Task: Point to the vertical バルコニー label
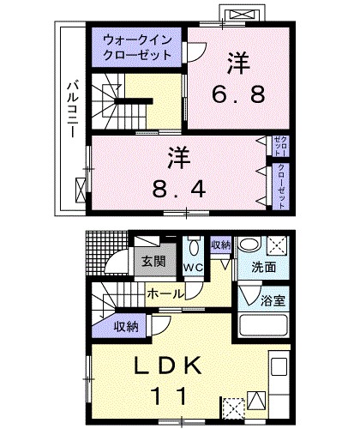point(74,112)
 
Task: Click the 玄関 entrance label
point(154,262)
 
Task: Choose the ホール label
point(164,293)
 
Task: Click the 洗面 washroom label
point(264,268)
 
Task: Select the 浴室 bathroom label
point(275,302)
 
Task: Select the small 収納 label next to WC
point(220,245)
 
